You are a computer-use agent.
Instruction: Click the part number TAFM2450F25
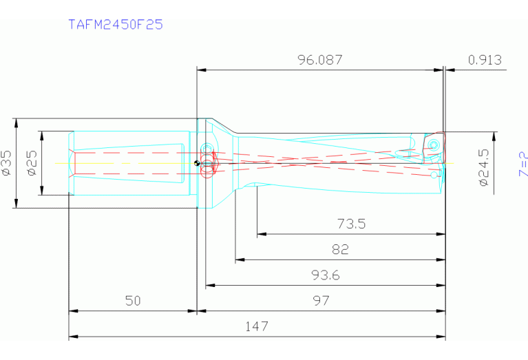click(116, 25)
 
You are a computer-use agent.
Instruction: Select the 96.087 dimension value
click(319, 60)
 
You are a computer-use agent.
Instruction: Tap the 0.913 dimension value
click(484, 60)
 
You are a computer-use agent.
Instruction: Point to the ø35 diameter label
click(6, 162)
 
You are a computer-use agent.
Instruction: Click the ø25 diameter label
click(32, 162)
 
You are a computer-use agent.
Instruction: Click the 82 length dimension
click(340, 250)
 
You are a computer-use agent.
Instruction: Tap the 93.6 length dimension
click(326, 276)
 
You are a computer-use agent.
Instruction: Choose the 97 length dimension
click(321, 301)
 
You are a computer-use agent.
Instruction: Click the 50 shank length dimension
click(133, 301)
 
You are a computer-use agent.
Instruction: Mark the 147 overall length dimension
click(257, 326)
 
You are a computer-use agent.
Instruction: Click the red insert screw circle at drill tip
click(434, 145)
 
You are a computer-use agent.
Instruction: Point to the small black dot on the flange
click(197, 163)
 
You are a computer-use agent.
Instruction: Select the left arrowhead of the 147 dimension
click(72, 337)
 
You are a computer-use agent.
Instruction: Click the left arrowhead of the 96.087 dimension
click(201, 69)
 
